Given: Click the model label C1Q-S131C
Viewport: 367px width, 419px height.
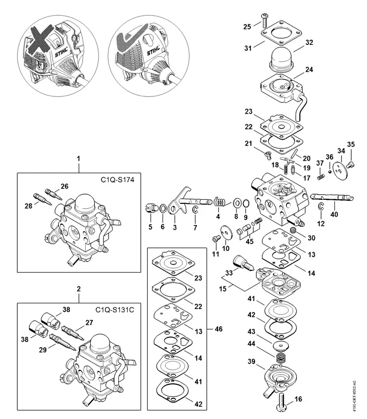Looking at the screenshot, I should pyautogui.click(x=113, y=309).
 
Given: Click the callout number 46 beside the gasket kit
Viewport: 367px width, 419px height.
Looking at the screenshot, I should pyautogui.click(x=219, y=329).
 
